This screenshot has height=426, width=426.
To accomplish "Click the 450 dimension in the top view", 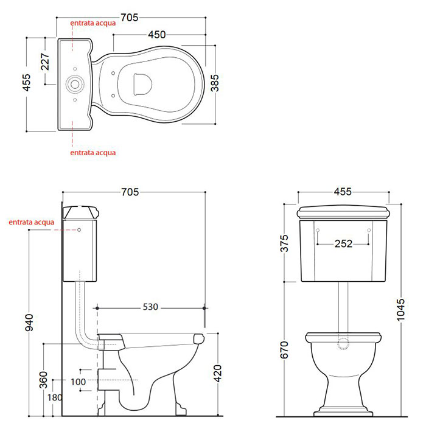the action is [157, 35].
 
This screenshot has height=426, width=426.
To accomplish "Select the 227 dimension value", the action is [45, 61].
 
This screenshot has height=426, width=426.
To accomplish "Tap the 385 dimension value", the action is [215, 83].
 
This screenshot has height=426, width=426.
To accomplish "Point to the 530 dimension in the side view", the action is [150, 307].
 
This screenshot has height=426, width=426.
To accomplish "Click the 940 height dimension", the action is [29, 323].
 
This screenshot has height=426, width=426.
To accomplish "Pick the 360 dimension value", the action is [43, 380].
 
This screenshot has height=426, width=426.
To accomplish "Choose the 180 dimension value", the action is [55, 398].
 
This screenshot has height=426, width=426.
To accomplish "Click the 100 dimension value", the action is [79, 382].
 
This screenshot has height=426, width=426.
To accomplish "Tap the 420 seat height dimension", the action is [218, 374].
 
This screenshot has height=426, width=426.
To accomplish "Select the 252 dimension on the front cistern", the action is [343, 243].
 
